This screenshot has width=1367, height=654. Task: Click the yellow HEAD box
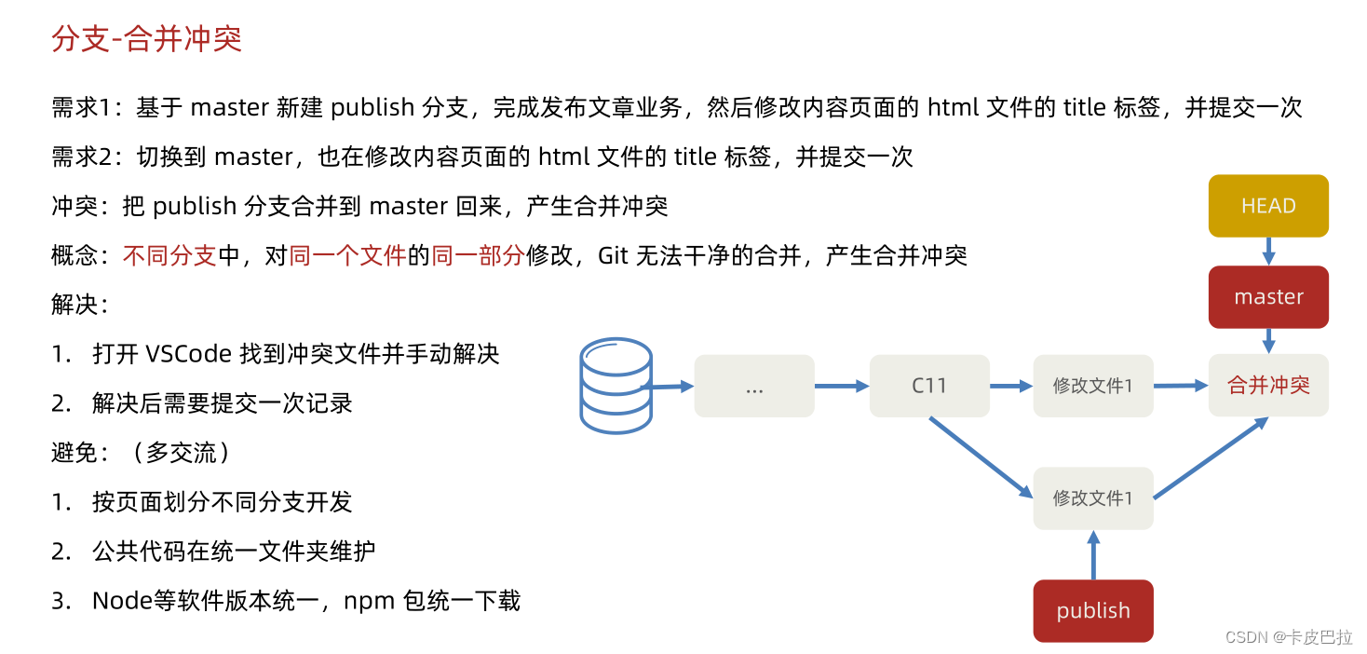click(x=1268, y=206)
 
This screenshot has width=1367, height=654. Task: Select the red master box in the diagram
click(x=1268, y=297)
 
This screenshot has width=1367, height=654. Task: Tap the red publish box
click(x=1093, y=611)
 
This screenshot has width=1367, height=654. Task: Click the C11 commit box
click(x=929, y=386)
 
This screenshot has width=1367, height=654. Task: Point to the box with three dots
click(x=754, y=386)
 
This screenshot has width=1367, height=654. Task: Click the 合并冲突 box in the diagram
click(x=1268, y=386)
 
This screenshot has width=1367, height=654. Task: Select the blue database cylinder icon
click(x=616, y=386)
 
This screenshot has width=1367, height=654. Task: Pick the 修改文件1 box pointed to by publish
click(x=1093, y=498)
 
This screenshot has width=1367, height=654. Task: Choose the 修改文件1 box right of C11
click(x=1093, y=386)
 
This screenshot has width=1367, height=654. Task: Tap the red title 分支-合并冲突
click(x=147, y=38)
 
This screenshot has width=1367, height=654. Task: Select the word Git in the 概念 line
click(x=613, y=255)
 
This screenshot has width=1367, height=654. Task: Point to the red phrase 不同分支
click(x=169, y=255)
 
